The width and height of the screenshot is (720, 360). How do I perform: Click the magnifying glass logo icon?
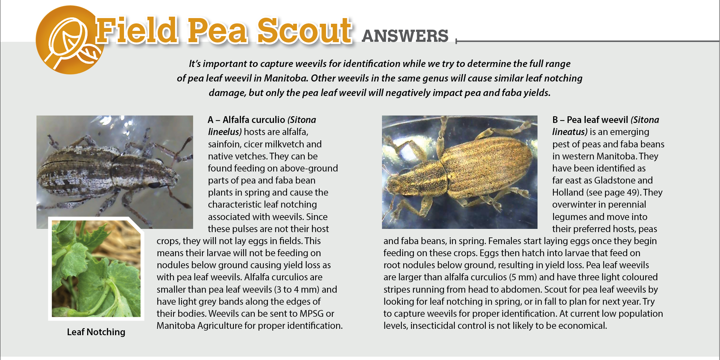pyautogui.click(x=69, y=41)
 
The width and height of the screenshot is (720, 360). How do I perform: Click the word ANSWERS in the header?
pyautogui.click(x=405, y=36)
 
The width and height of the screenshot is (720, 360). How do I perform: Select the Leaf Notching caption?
pyautogui.click(x=96, y=332)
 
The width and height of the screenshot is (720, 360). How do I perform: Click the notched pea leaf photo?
pyautogui.click(x=96, y=269)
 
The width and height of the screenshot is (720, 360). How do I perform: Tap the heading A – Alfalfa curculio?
pyautogui.click(x=246, y=120)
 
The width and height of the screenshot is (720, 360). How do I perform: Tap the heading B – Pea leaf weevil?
pyautogui.click(x=590, y=120)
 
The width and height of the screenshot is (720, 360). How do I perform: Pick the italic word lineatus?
pyautogui.click(x=569, y=132)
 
